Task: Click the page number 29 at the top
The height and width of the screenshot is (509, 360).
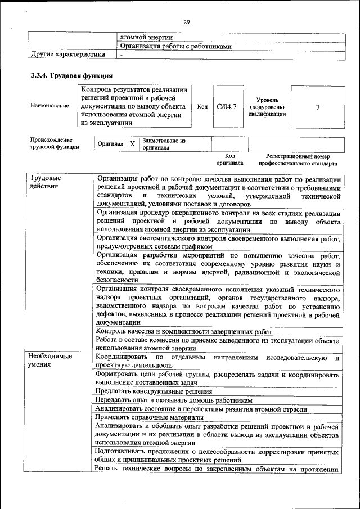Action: [187, 22]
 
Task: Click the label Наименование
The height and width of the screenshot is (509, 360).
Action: [50, 106]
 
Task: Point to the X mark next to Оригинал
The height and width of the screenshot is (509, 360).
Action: [132, 144]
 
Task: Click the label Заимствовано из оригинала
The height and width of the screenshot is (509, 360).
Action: [164, 144]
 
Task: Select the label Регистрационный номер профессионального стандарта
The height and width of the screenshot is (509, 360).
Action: [298, 160]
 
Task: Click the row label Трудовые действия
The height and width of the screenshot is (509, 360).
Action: [46, 182]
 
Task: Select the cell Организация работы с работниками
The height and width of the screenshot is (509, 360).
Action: [176, 47]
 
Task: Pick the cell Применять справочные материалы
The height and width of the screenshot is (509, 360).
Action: [148, 418]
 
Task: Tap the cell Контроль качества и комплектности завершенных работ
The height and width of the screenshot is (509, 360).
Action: [183, 332]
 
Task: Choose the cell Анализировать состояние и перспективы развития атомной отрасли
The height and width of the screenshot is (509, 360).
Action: [201, 409]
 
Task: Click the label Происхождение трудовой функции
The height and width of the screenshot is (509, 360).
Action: [51, 143]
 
